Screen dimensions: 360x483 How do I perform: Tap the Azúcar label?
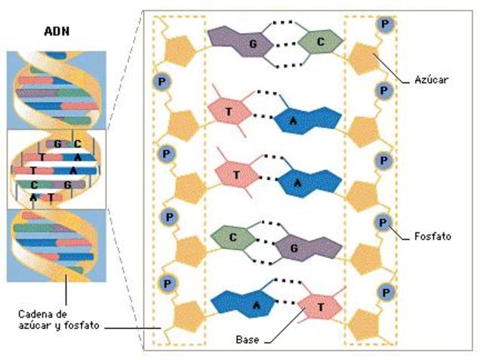(x=432, y=78)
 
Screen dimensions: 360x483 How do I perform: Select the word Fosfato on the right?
(x=433, y=236)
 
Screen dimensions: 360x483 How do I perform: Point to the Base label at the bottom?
(x=247, y=340)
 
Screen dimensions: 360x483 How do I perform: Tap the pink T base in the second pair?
(x=228, y=109)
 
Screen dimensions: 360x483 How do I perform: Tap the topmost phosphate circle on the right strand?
(x=386, y=23)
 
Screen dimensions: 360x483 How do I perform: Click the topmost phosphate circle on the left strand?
(x=161, y=80)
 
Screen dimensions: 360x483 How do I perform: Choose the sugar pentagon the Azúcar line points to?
(x=364, y=58)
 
